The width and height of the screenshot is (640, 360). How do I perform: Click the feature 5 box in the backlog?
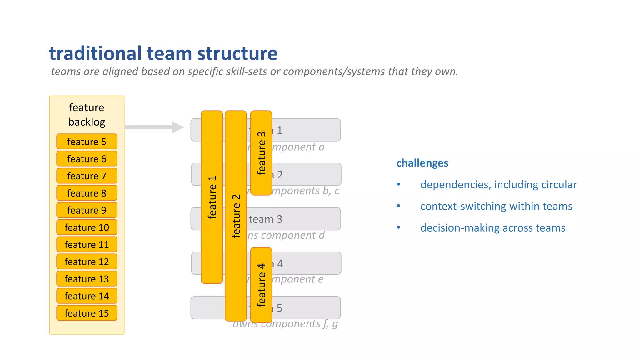pos(87,142)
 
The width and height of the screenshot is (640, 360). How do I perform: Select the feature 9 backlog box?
pos(87,210)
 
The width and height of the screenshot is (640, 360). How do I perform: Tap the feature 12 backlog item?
pos(87,262)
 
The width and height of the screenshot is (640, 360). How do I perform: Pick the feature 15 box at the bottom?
pos(87,313)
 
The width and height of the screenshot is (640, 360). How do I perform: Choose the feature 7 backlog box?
pos(87,176)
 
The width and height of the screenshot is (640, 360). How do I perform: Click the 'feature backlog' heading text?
pos(87,114)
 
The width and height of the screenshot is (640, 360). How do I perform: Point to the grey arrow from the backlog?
pos(153,127)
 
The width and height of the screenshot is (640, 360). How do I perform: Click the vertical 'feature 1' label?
pos(212,197)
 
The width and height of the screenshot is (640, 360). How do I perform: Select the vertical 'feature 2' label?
pos(236,216)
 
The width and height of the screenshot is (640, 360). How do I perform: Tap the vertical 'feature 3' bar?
pos(261,153)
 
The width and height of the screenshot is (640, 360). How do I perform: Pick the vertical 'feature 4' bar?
pos(261,285)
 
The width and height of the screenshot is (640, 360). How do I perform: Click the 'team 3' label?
pos(265,219)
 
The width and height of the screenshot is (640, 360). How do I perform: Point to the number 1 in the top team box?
pos(280,130)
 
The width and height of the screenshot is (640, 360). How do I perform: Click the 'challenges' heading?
pos(422,163)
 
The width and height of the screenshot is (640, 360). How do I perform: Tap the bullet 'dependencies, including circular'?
pos(498,184)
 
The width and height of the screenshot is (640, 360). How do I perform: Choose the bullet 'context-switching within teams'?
pos(496,206)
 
